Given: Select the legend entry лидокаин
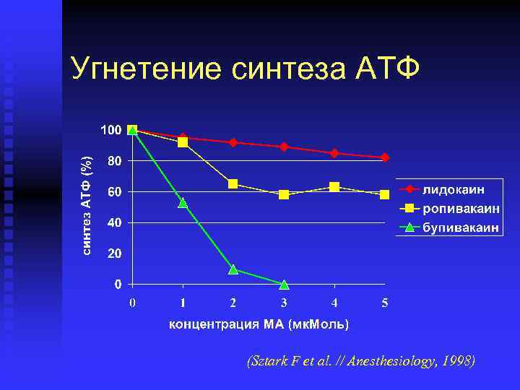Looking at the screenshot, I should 453,189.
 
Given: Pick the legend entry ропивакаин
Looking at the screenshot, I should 460,209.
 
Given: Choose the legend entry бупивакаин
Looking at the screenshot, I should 460,227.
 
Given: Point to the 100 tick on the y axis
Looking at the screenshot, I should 110,130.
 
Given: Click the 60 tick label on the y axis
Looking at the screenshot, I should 114,192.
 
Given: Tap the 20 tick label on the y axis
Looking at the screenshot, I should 114,254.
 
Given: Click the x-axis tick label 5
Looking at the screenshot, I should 385,303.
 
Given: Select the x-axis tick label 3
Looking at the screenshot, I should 284,303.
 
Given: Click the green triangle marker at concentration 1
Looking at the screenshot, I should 183,203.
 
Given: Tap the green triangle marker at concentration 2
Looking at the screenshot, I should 233,269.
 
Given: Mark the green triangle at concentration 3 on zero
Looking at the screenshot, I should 284,285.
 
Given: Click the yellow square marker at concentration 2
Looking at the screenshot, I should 233,184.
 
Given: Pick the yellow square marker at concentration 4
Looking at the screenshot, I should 334,187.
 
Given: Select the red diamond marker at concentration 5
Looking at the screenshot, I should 385,157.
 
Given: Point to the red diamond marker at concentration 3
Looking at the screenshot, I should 284,147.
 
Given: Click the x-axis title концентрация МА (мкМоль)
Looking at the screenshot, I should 259,324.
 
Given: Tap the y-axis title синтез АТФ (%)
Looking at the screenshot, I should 87,206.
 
